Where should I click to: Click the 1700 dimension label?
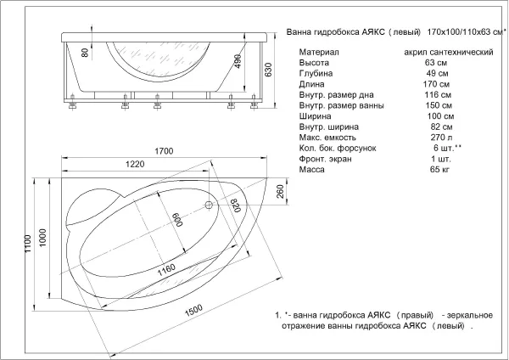[x=164, y=151]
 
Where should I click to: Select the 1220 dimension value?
[x=135, y=164]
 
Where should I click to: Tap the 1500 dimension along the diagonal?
[x=193, y=310]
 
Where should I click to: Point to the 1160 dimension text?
[x=166, y=269]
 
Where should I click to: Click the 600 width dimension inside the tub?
[x=177, y=220]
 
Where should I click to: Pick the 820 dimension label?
[x=235, y=205]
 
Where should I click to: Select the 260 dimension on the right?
[x=280, y=191]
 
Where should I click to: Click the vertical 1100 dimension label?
[x=27, y=244]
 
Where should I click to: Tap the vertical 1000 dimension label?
[x=42, y=238]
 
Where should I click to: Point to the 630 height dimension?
[x=268, y=70]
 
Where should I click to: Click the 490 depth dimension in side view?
[x=238, y=61]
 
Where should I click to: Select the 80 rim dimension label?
[x=85, y=53]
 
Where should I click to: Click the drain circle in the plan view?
[x=209, y=205]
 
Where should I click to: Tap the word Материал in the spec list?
[x=319, y=52]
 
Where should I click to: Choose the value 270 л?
[x=441, y=138]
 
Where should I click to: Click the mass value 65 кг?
[x=439, y=169]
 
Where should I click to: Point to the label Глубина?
[x=316, y=73]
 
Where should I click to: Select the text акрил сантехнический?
[x=449, y=52]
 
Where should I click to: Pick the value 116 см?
[x=438, y=95]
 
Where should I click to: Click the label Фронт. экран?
[x=325, y=159]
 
